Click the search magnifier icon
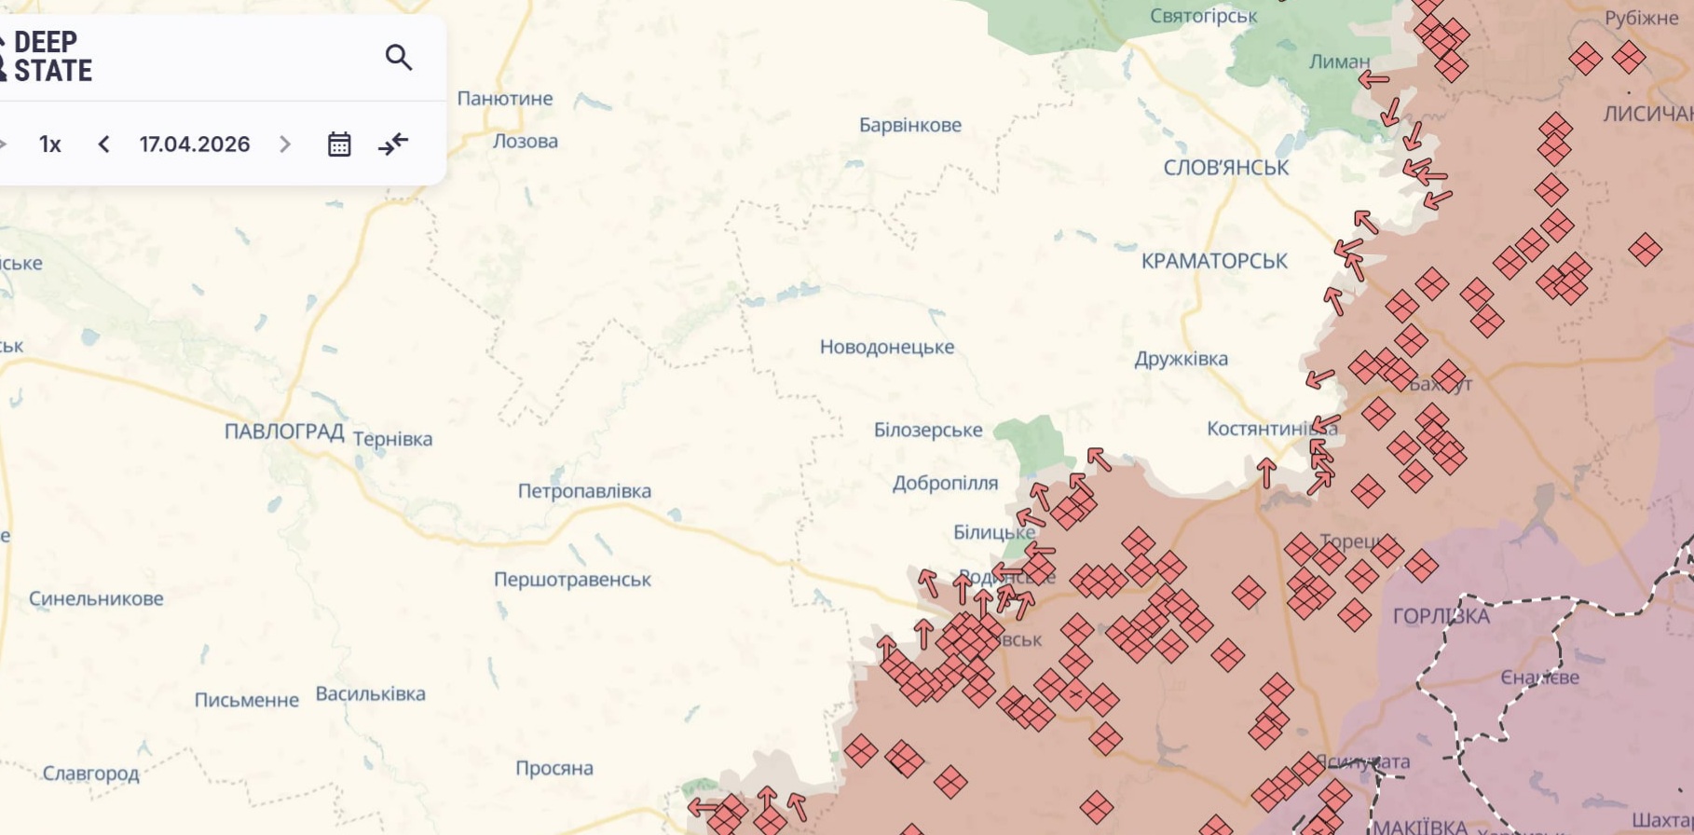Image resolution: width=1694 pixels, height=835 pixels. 399,58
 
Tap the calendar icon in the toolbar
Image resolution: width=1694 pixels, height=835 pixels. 339,144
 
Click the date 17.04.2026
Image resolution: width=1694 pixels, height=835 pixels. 195,144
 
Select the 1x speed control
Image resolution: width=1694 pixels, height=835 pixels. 50,144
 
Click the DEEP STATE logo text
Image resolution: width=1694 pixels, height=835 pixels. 52,57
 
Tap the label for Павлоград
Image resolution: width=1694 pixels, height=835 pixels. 284,431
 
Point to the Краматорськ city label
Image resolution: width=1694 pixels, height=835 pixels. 1214,262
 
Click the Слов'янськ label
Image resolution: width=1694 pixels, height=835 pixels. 1225,168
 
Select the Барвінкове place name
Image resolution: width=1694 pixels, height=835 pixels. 909,125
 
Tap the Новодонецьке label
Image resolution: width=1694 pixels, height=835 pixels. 886,347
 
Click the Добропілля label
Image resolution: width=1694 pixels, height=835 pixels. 945,483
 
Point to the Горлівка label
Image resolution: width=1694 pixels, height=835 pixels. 1441,616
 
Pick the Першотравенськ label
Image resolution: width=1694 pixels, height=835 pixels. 572,580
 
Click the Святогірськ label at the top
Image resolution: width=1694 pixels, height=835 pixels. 1203,16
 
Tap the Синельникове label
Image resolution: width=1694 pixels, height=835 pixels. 96,599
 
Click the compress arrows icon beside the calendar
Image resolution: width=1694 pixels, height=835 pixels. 393,144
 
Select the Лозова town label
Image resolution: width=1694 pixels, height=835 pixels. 526,142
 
